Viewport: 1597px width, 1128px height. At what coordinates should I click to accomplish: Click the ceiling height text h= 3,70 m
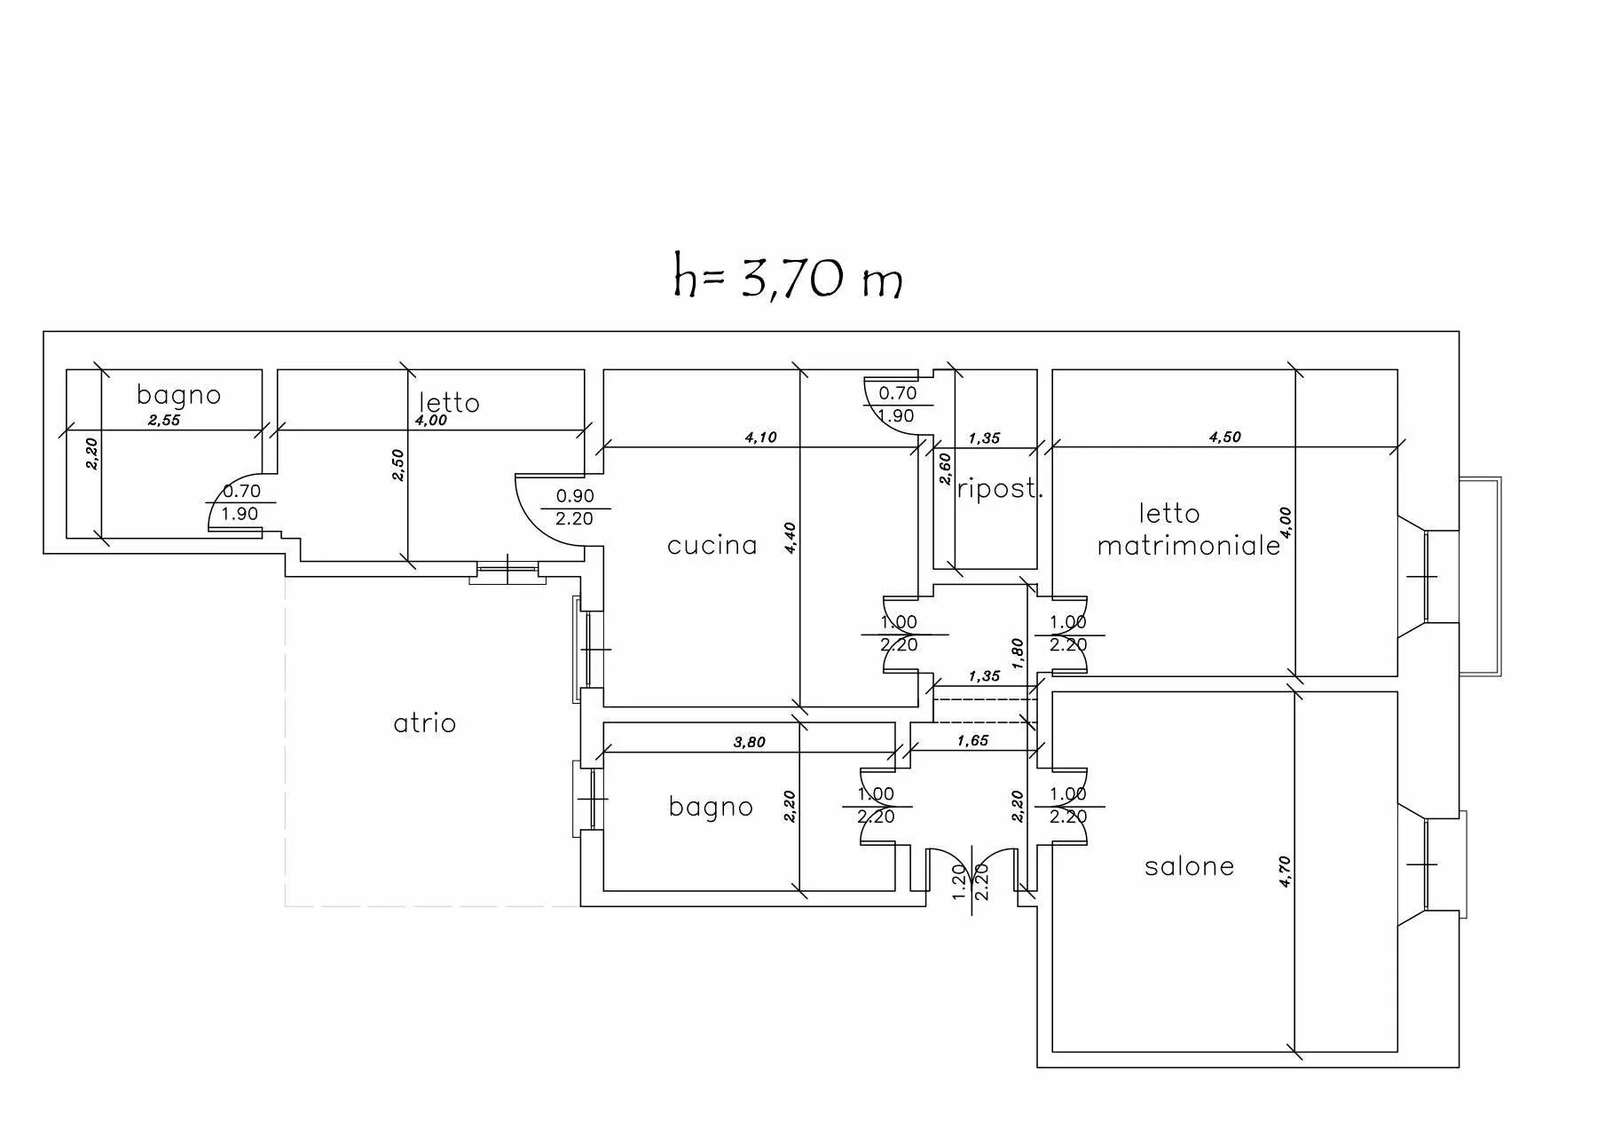tap(788, 277)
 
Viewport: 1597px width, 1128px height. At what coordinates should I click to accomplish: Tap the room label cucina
tap(712, 545)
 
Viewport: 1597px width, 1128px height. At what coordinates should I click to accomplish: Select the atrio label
tap(424, 723)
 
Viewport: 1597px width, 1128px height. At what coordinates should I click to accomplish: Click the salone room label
tap(1189, 866)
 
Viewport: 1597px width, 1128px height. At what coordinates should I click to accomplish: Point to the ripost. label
tap(998, 488)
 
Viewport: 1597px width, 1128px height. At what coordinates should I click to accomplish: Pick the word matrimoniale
tap(1189, 545)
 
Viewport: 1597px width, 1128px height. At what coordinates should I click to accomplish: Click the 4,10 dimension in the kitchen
tap(760, 437)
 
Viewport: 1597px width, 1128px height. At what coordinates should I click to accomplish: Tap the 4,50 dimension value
tap(1224, 437)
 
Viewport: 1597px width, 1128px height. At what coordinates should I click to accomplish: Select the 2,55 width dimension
tap(164, 421)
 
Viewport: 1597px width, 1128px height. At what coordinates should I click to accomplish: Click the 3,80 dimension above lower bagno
tap(749, 742)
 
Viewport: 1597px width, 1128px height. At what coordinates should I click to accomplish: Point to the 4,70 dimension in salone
tap(1286, 872)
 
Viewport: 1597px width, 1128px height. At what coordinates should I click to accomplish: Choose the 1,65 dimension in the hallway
tap(972, 740)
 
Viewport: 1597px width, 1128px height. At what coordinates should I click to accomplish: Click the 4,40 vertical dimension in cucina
tap(791, 538)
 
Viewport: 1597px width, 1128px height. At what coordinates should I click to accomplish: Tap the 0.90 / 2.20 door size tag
tap(574, 508)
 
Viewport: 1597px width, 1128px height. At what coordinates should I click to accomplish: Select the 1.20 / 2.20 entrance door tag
tap(970, 881)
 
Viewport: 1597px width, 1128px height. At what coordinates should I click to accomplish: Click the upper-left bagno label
tap(178, 396)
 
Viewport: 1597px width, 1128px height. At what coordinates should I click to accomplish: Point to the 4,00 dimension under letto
tap(431, 421)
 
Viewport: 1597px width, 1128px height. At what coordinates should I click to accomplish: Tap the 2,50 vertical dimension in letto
tap(398, 465)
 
